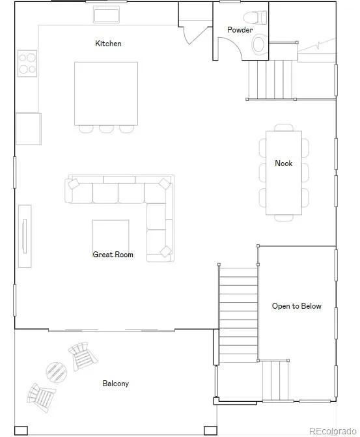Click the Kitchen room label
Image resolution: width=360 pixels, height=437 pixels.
[108, 44]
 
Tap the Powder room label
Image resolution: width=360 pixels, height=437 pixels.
[240, 30]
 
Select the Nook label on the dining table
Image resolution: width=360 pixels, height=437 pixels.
[284, 163]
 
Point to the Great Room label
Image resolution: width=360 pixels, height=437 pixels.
[113, 255]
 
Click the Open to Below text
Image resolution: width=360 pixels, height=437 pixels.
[297, 306]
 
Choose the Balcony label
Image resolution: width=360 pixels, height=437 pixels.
[116, 384]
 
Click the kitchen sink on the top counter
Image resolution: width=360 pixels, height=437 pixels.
[106, 15]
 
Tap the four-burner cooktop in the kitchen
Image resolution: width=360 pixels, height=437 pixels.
[27, 63]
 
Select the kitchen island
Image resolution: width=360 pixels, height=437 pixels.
[106, 94]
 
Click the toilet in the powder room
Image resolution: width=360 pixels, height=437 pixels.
[255, 18]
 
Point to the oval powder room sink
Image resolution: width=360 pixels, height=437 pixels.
[258, 44]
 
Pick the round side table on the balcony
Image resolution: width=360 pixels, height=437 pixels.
[57, 373]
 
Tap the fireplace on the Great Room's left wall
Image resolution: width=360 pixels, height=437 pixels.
[25, 236]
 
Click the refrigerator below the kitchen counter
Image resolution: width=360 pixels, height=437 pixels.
[29, 129]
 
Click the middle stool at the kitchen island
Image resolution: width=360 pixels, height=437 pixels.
[106, 129]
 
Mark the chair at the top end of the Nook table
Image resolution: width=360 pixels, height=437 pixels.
[284, 128]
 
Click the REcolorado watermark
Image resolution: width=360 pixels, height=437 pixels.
[333, 431]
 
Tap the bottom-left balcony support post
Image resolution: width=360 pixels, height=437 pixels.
[21, 430]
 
